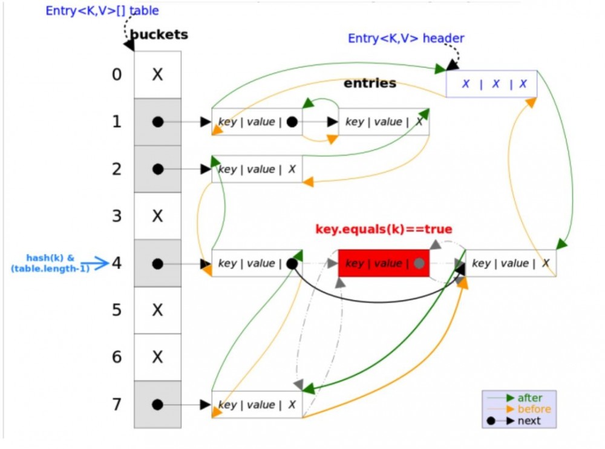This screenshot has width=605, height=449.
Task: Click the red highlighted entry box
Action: point(383,263)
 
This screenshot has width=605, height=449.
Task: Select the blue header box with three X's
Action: point(491,84)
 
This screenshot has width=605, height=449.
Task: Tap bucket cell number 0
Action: point(157,74)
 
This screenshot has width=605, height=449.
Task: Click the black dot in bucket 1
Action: point(158,122)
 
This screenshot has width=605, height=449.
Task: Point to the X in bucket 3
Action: point(157,216)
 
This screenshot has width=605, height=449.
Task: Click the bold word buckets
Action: point(160,34)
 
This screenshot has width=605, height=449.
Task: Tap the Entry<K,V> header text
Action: point(406,39)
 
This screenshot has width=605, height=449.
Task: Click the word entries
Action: point(370,83)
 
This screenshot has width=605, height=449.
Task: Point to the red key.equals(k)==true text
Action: point(384,229)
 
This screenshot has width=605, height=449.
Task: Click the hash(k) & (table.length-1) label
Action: point(50,263)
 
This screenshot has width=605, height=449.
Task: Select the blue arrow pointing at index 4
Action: point(100,263)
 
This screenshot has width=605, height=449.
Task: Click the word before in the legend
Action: point(534,410)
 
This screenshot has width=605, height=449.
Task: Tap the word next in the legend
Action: point(529,421)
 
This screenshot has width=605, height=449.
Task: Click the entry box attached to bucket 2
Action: point(257,169)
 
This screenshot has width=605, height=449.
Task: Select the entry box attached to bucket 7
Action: point(257,405)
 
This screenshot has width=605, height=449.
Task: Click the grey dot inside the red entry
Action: point(419,264)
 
